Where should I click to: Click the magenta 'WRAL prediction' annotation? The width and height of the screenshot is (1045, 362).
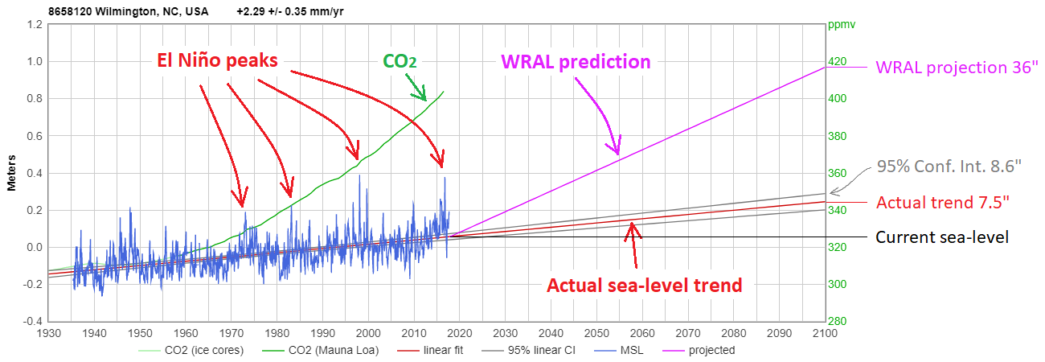click(575, 61)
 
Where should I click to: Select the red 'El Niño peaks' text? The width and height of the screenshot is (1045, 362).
click(215, 60)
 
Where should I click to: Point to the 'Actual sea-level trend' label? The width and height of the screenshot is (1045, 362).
click(644, 285)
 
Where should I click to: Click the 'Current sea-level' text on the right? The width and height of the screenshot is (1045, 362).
click(941, 237)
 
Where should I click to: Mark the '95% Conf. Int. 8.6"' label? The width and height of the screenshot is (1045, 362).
click(948, 167)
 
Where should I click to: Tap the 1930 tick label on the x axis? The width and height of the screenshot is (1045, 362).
click(49, 333)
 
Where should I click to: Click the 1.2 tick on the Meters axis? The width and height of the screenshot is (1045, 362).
click(35, 24)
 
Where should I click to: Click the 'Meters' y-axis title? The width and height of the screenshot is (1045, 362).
click(12, 173)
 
